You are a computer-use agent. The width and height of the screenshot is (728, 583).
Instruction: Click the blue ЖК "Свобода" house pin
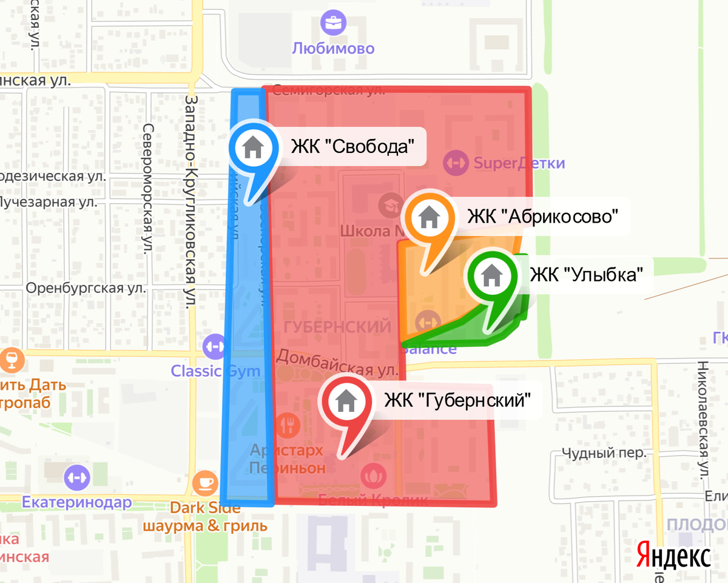pos(252,147)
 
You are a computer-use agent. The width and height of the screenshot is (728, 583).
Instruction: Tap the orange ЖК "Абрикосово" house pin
pos(429,216)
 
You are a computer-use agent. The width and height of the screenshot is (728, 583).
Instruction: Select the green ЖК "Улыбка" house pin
pos(491,277)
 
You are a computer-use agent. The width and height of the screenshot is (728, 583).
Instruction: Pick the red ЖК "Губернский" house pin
pos(346,400)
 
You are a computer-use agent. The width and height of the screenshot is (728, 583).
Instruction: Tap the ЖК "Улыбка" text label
pos(585,275)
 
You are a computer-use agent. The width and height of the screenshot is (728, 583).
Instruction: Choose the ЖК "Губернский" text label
pos(457,400)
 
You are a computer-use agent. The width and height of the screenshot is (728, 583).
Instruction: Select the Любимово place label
pos(333,48)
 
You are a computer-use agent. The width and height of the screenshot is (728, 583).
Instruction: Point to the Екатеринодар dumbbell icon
pos(77,476)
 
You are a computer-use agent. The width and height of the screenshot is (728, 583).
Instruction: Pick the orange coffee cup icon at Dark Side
pos(205,484)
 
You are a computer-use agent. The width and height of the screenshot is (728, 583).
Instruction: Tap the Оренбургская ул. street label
pos(86,288)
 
